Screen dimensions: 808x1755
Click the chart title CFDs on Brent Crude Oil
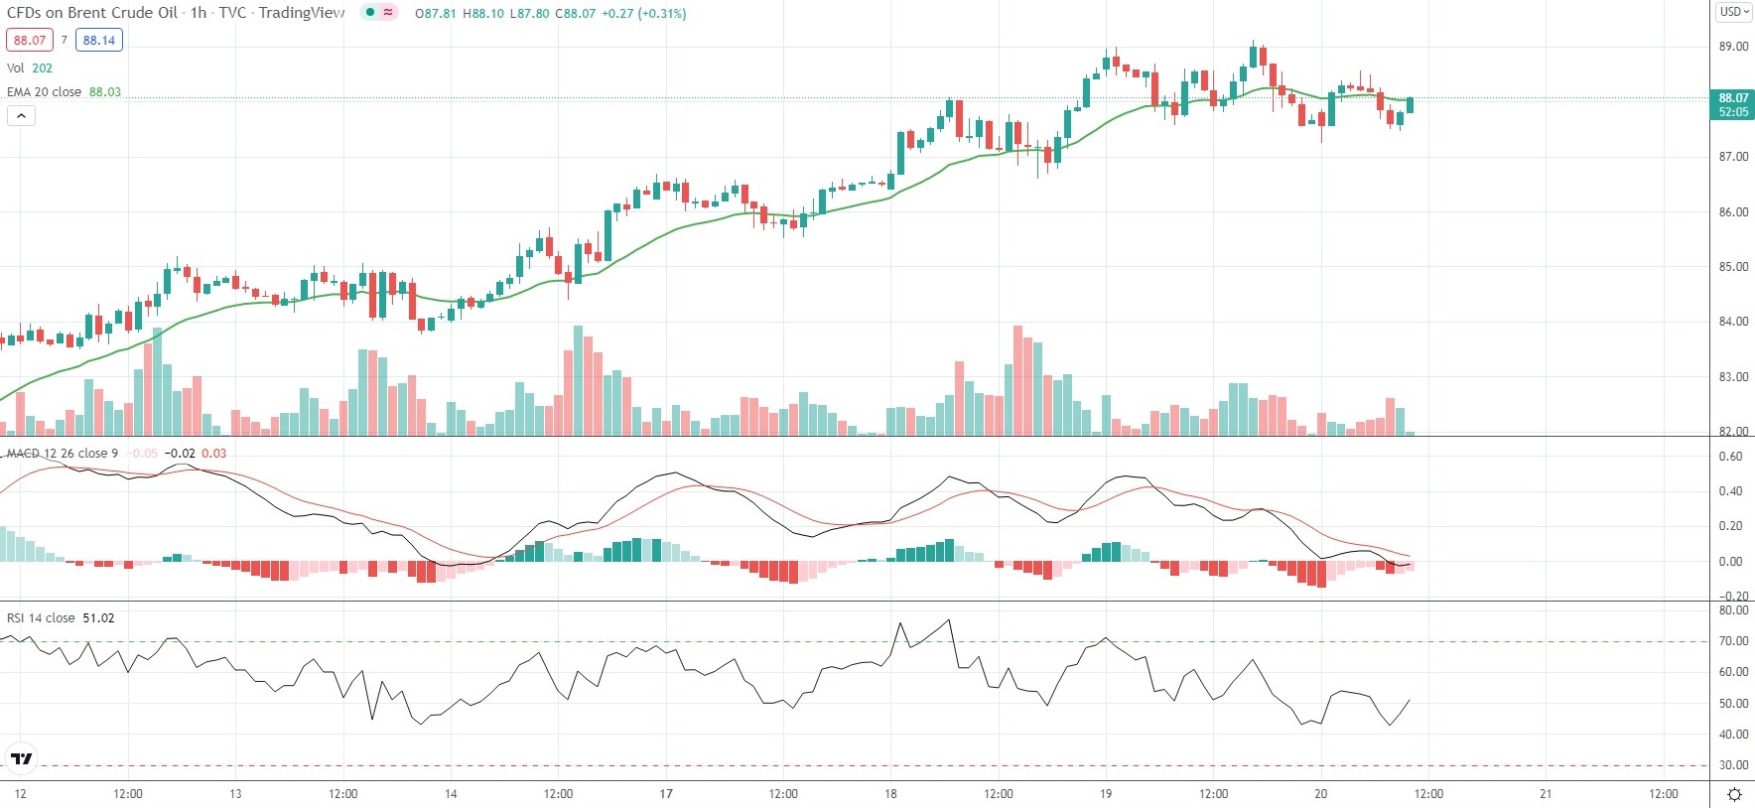click(x=92, y=13)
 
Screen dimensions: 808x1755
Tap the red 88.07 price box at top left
click(x=30, y=41)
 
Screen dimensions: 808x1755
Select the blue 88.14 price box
click(x=99, y=41)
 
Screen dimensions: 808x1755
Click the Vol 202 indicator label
click(x=30, y=68)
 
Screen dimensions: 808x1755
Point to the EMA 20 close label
click(x=45, y=92)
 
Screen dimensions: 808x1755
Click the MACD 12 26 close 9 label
click(x=63, y=454)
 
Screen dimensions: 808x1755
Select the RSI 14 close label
click(x=41, y=618)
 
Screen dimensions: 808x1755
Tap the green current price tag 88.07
click(x=1733, y=104)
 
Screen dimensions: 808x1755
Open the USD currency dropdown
click(x=1734, y=12)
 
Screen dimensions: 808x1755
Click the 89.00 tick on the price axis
click(x=1733, y=47)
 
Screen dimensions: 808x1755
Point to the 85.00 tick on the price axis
click(x=1733, y=267)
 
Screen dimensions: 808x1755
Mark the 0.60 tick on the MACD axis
click(x=1730, y=457)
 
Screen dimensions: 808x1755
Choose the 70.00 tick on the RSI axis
click(x=1733, y=642)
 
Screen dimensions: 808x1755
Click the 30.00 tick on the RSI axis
click(x=1733, y=765)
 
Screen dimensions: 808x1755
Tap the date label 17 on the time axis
click(x=666, y=794)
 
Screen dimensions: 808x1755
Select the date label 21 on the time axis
click(x=1546, y=794)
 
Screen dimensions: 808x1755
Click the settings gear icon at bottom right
click(x=1734, y=794)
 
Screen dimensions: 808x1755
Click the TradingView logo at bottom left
click(x=21, y=759)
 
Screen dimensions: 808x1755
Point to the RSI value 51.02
click(x=98, y=618)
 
